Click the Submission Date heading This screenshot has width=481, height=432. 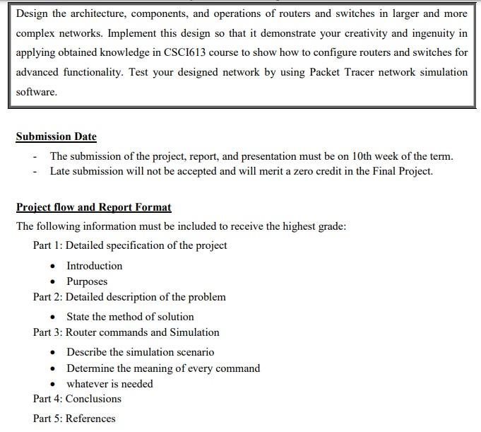tap(56, 136)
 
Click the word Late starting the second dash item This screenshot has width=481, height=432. tap(61, 171)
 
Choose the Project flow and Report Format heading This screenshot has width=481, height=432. tap(93, 207)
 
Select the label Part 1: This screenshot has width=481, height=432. tap(47, 245)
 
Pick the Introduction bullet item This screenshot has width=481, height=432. tap(94, 266)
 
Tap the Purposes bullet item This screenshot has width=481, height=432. tap(87, 281)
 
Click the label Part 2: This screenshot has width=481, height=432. tap(47, 297)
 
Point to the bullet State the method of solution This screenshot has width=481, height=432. tap(130, 317)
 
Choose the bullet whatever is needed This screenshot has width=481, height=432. tap(109, 384)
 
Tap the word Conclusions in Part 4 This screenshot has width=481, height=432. tap(93, 399)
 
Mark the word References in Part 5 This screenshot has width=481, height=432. tap(90, 419)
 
